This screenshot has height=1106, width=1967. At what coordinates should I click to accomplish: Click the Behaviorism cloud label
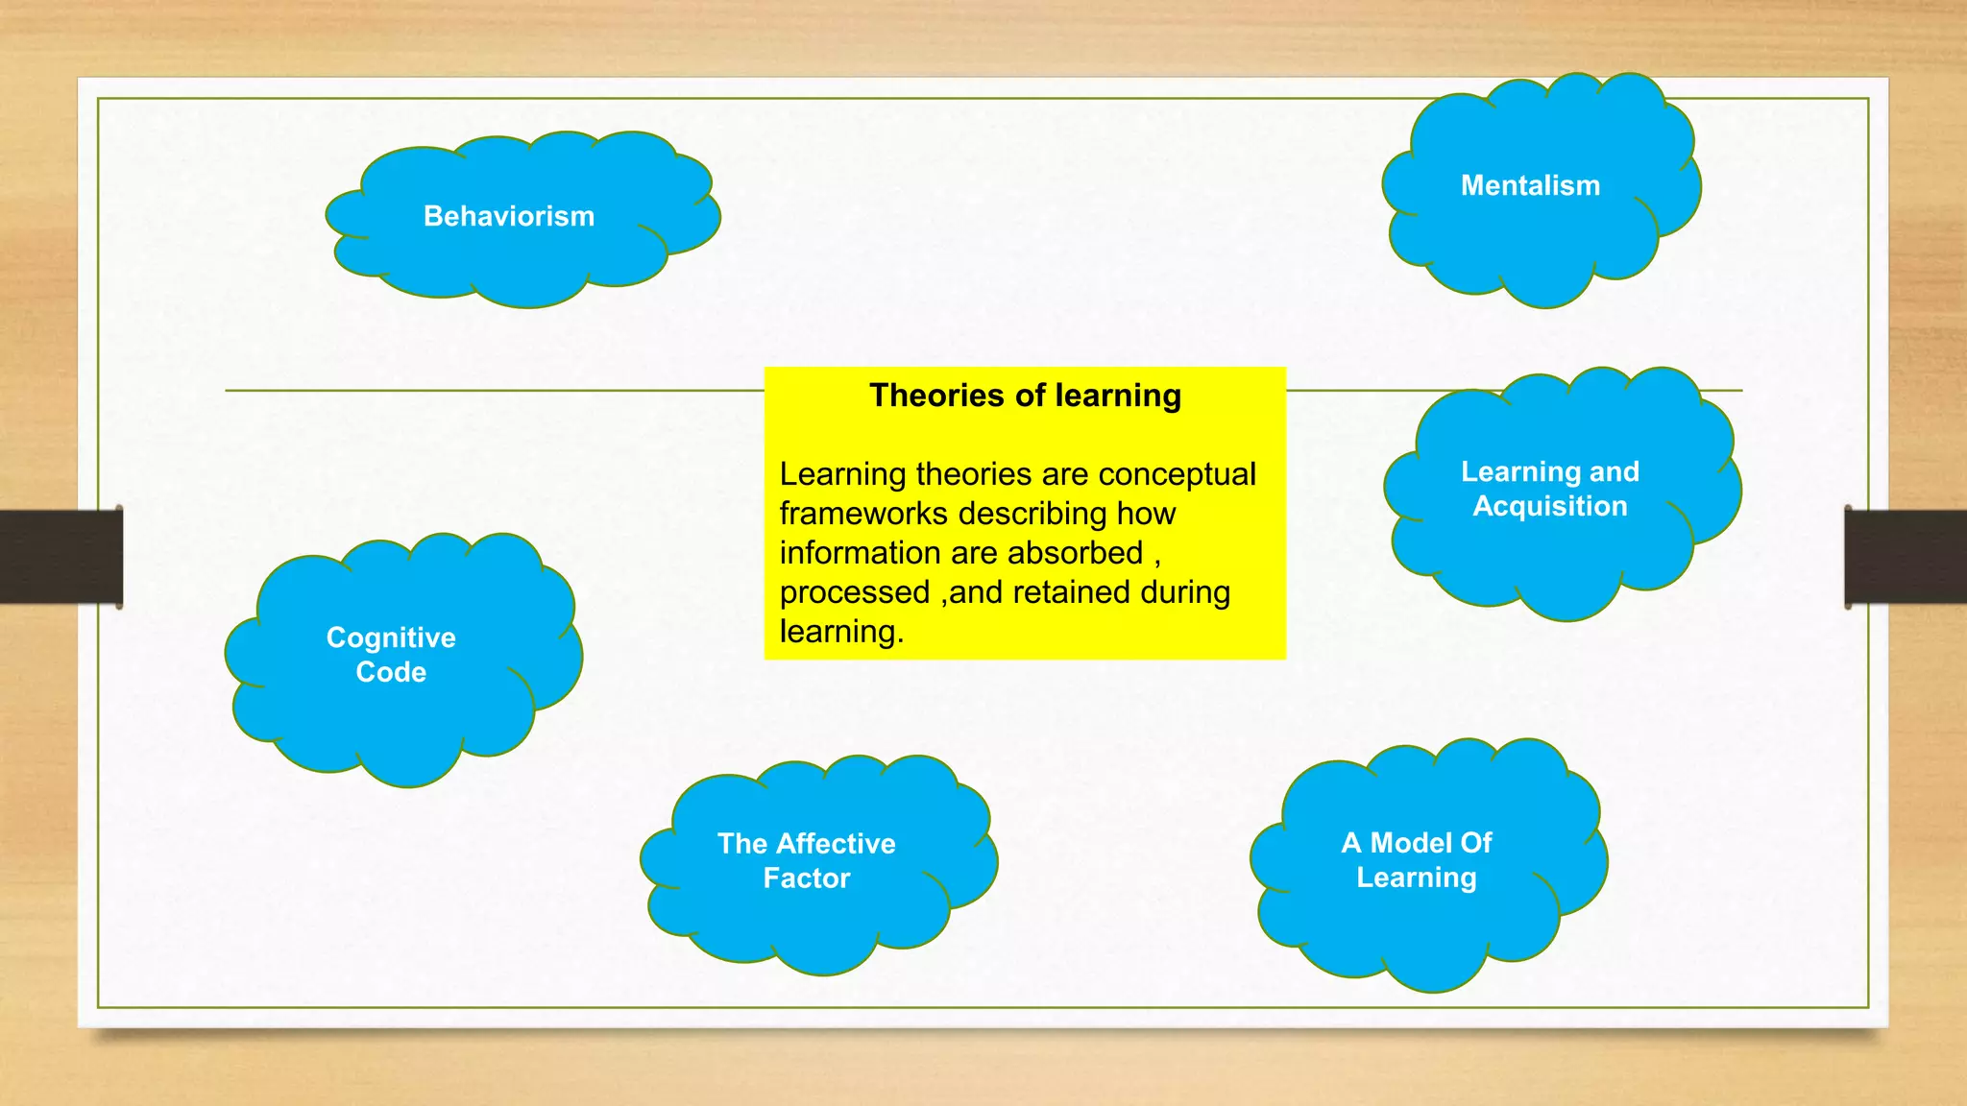tap(509, 216)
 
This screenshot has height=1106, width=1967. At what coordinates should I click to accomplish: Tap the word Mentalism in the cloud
tap(1530, 185)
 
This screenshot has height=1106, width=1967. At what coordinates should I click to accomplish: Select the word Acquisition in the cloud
tap(1550, 506)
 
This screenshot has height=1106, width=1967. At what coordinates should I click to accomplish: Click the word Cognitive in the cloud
tap(391, 637)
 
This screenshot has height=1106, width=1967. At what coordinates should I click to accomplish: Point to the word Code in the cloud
tap(391, 672)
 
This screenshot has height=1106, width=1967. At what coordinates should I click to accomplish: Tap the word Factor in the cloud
tap(807, 878)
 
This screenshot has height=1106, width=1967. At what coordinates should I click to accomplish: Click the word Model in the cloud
tap(1408, 843)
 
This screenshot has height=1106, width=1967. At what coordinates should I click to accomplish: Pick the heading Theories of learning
tap(1025, 396)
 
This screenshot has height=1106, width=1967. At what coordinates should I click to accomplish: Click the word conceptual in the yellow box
tap(1177, 474)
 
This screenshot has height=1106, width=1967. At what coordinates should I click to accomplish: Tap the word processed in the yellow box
tap(854, 592)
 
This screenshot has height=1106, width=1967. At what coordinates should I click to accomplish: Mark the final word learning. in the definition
tap(841, 632)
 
